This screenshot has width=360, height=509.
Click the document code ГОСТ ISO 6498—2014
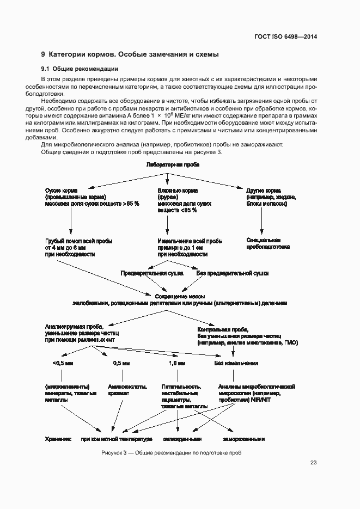coord(286,36)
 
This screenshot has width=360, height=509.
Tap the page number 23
coord(313,463)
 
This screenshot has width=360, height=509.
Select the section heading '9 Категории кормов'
coord(130,55)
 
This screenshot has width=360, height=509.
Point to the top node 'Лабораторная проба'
coord(169,165)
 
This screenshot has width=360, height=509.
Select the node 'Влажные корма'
coord(178,190)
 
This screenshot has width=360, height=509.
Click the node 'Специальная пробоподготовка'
coord(267,243)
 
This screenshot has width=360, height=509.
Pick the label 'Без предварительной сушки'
coord(232,273)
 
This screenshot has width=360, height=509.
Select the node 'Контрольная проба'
coord(223,330)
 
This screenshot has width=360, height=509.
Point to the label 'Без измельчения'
coord(235,363)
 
